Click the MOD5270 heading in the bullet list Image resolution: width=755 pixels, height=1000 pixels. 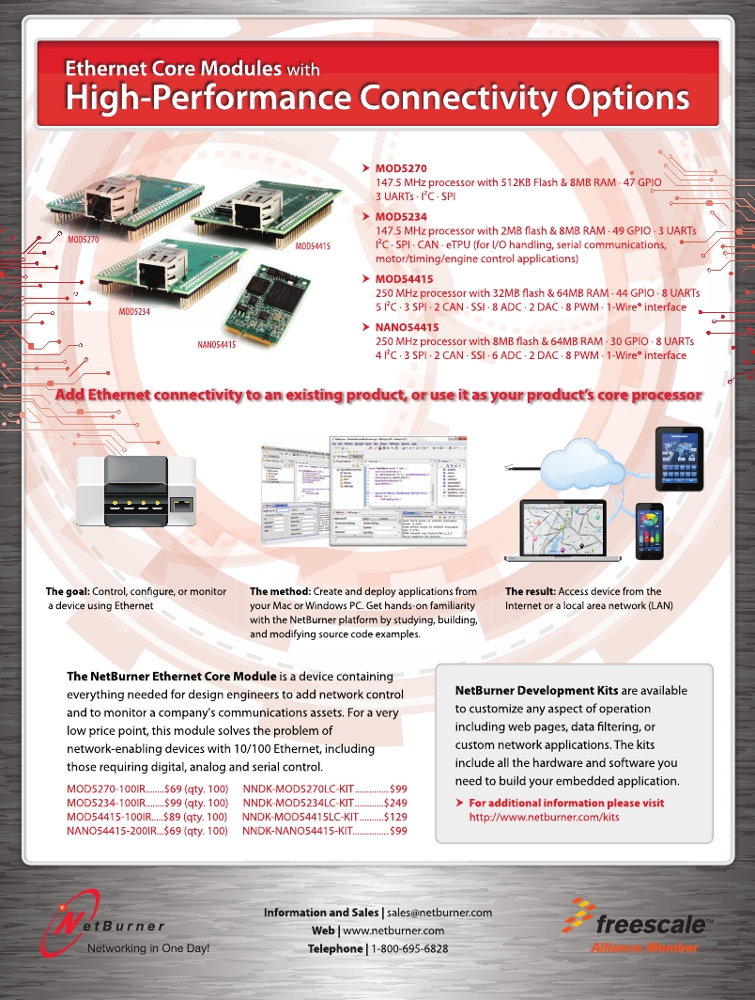pyautogui.click(x=401, y=167)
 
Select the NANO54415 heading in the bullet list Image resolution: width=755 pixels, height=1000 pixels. pyautogui.click(x=407, y=327)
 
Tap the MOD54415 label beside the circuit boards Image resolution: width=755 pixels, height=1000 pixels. pyautogui.click(x=313, y=245)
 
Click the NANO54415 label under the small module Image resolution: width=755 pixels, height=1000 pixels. pyautogui.click(x=216, y=345)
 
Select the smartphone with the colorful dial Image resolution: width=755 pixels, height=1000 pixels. pyautogui.click(x=649, y=530)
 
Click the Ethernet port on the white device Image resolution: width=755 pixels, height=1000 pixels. pyautogui.click(x=181, y=507)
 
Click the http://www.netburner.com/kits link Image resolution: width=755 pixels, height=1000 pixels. pyautogui.click(x=544, y=818)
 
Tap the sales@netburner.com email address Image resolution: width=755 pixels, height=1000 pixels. pyautogui.click(x=439, y=913)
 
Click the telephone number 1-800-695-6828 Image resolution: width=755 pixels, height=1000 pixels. pyautogui.click(x=409, y=948)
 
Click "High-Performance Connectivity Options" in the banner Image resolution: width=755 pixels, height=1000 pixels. pyautogui.click(x=376, y=98)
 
